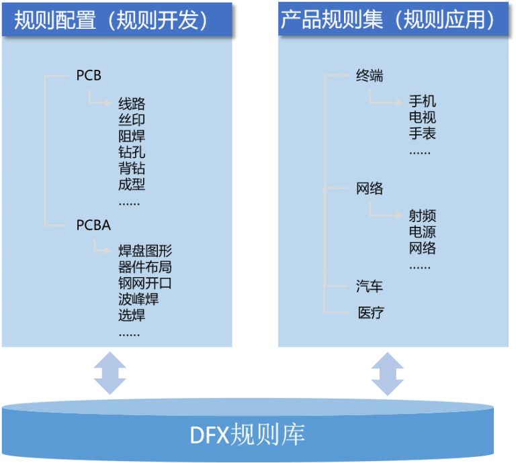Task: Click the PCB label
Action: coord(89,76)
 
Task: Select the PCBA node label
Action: coord(93,225)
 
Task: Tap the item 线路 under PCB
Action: coord(132,104)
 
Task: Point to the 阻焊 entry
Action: coord(132,136)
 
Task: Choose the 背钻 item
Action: coord(132,168)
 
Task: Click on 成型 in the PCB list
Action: coord(132,184)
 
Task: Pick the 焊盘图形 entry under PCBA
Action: coord(145,252)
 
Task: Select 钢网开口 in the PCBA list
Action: coord(145,283)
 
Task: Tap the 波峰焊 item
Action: coord(138,299)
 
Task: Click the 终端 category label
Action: coord(370,76)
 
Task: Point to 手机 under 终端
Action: coord(423,101)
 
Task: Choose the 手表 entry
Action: coord(423,134)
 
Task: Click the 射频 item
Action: coord(423,216)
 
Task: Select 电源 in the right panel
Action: coord(423,232)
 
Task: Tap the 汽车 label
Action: coord(370,287)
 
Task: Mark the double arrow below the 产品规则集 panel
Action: coord(388,374)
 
